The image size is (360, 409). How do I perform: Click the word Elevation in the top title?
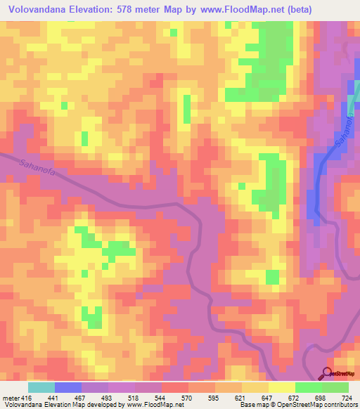tap(101, 10)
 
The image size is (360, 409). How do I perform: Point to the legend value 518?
tap(134, 398)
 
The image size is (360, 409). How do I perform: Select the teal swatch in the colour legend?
tap(41, 387)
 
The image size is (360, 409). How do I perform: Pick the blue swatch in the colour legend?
tap(67, 387)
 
